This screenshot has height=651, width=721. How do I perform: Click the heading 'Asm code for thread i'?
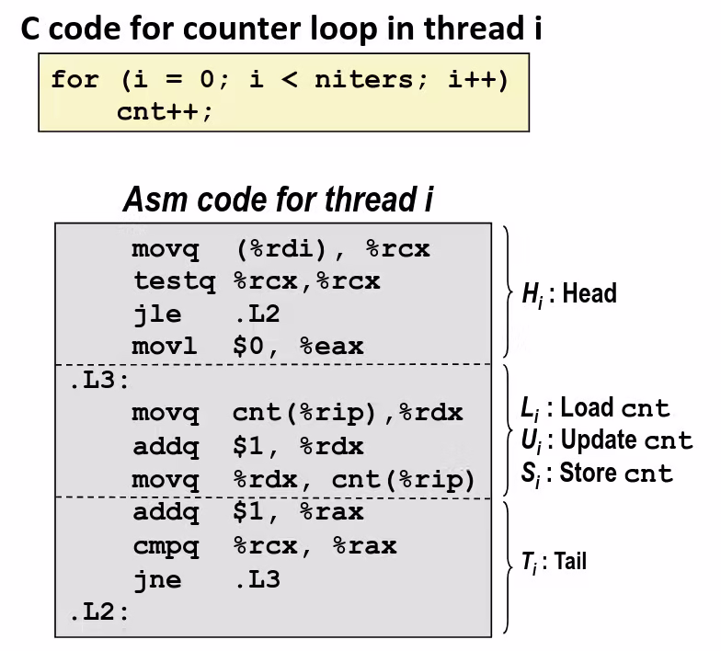[x=278, y=200]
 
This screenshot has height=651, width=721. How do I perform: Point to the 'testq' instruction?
[x=174, y=281]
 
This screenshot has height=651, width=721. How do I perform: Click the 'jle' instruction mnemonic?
[x=157, y=314]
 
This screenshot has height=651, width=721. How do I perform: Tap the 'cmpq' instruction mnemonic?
[x=166, y=546]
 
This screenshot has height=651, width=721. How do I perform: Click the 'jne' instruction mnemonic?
[x=157, y=580]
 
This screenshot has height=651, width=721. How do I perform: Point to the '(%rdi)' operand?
[x=290, y=249]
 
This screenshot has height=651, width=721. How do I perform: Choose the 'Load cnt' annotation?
[x=601, y=407]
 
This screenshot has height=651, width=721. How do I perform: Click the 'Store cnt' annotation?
[x=599, y=474]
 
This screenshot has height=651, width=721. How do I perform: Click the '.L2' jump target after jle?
[x=257, y=314]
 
